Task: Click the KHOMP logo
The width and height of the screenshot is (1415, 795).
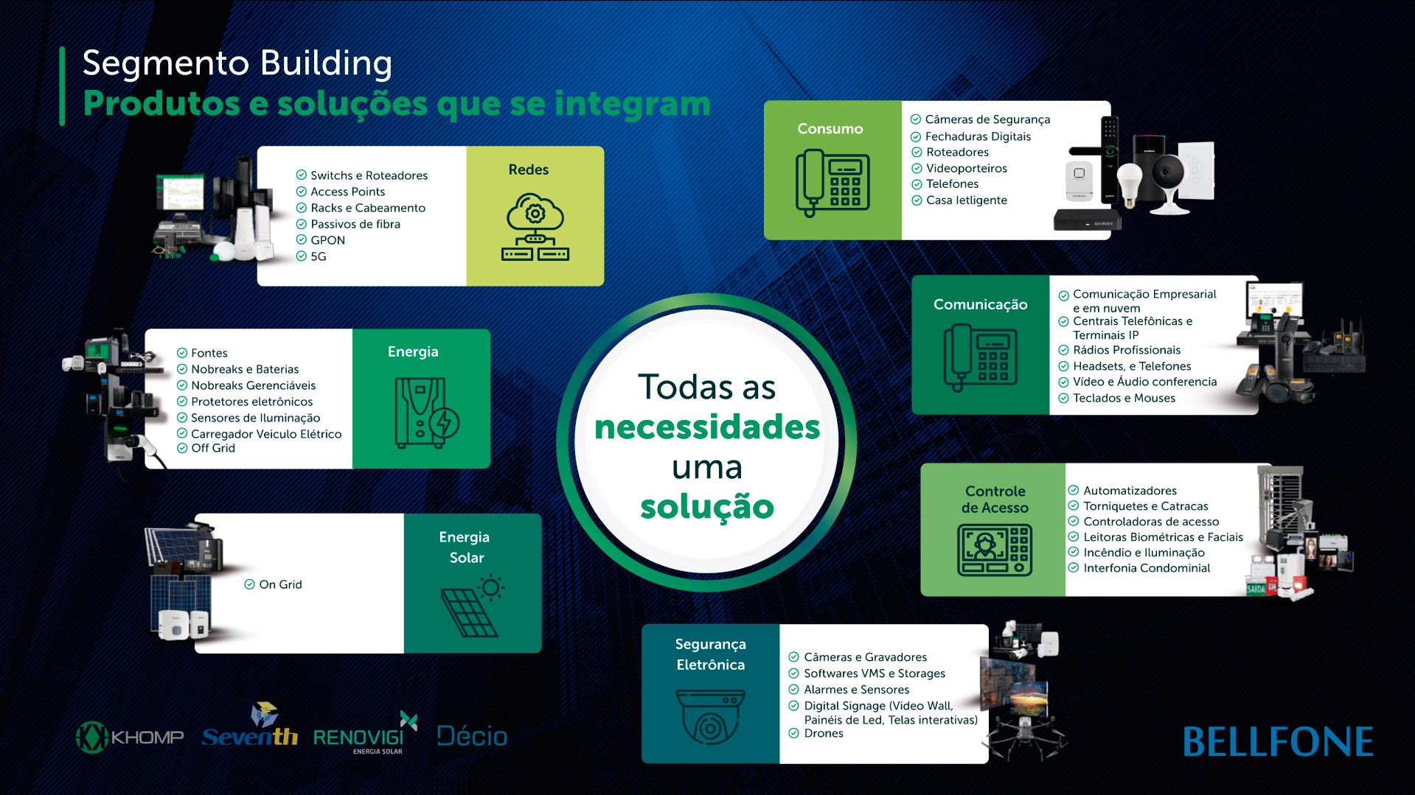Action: [x=130, y=737]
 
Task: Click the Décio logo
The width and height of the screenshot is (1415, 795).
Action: [x=472, y=735]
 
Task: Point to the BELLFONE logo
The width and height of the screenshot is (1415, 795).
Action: [x=1278, y=742]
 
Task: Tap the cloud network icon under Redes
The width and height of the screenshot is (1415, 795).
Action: [x=535, y=227]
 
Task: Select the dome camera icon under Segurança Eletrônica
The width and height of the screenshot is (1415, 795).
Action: [x=710, y=716]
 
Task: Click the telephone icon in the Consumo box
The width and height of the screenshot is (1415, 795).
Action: [x=832, y=183]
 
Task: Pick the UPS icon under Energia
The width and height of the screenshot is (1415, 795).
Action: [x=426, y=413]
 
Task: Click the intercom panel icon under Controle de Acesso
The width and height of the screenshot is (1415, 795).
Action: [x=994, y=550]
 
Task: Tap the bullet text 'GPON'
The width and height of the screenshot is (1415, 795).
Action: [x=327, y=240]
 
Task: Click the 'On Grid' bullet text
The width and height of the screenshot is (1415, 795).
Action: [x=280, y=584]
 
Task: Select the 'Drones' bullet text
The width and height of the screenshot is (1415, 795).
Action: [x=824, y=733]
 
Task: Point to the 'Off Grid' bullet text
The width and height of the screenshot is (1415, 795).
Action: [x=213, y=448]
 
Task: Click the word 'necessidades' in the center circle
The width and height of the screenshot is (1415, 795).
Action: [x=707, y=427]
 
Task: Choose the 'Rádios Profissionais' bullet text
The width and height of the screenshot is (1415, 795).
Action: [x=1127, y=350]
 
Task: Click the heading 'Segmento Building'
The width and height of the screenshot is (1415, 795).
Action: [x=237, y=63]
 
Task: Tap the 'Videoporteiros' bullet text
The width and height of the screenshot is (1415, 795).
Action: [x=967, y=168]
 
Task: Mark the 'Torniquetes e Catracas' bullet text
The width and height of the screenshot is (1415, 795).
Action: [x=1146, y=506]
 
